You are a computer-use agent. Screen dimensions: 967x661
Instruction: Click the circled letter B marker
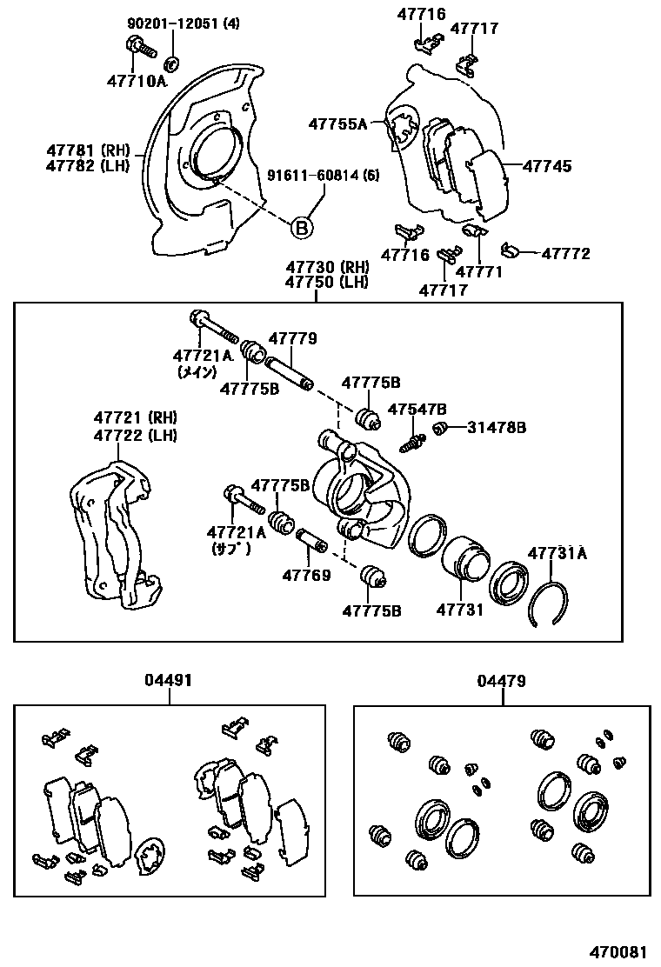click(x=300, y=228)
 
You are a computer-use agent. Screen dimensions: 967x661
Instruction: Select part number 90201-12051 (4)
click(x=184, y=23)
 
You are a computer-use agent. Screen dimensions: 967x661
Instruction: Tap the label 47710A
click(x=137, y=82)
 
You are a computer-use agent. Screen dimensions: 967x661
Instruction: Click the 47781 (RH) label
click(x=89, y=150)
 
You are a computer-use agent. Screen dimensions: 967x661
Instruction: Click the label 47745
click(x=547, y=165)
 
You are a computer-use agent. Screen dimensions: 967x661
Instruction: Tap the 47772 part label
click(x=565, y=253)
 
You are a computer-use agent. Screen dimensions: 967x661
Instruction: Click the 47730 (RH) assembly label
click(x=316, y=267)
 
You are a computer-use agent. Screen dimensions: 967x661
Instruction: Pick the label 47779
click(x=292, y=339)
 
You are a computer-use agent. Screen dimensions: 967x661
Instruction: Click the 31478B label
click(x=497, y=427)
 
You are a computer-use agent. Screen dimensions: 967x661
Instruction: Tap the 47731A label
click(x=558, y=553)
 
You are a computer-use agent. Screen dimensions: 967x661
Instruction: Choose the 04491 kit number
click(x=170, y=681)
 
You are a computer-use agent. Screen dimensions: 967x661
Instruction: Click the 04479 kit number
click(x=501, y=681)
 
